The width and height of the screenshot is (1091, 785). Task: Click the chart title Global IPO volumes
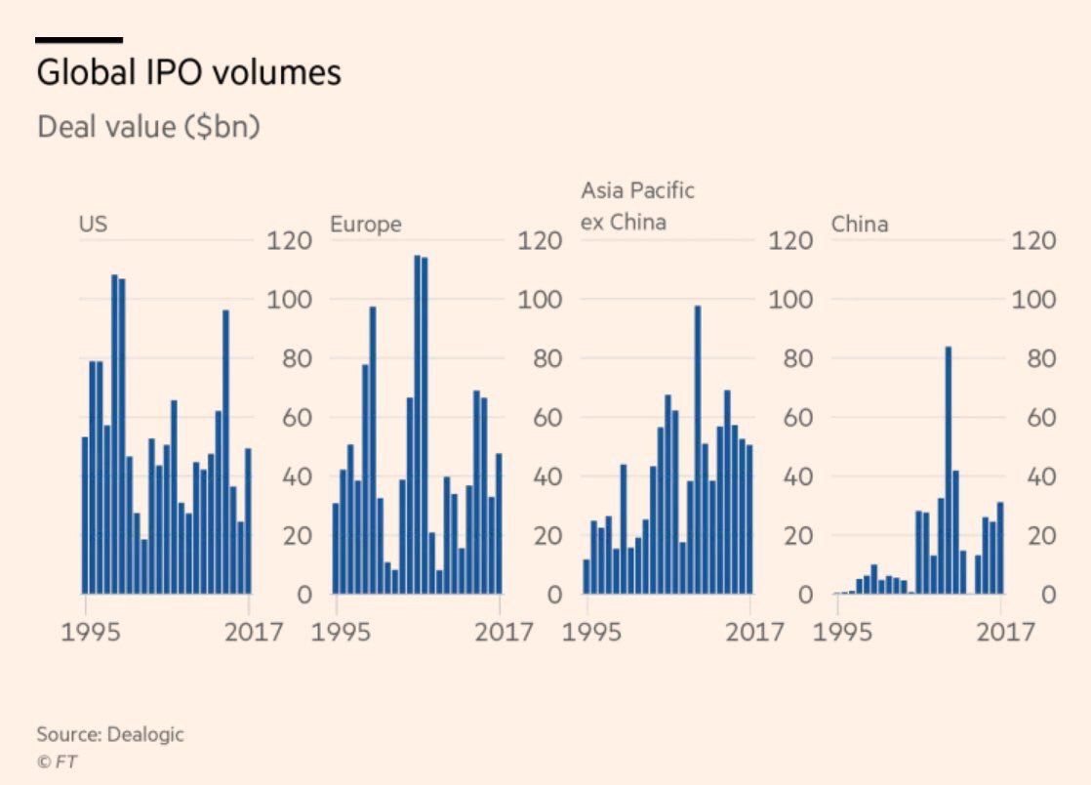coord(188,73)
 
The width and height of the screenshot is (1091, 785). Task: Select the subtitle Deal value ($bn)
coord(148,127)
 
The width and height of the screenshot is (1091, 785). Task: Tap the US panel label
coord(93,225)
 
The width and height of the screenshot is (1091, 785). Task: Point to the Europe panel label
coord(365,225)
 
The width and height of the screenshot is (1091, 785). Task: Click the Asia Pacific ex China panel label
coord(637,205)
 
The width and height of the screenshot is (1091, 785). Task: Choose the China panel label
coord(860,225)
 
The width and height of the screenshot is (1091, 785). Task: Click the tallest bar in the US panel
coord(114,434)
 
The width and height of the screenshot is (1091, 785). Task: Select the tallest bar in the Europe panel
coord(417,425)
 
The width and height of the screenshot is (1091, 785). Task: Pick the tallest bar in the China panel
coord(948,470)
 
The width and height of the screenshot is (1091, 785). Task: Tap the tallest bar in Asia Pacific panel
coord(698,449)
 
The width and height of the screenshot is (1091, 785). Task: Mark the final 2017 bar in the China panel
coord(999,547)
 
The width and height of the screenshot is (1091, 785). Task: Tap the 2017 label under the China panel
coord(1005,632)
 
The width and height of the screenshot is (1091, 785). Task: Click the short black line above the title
coord(78,40)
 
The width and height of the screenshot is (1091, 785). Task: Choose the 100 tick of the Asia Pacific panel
coord(790,299)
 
